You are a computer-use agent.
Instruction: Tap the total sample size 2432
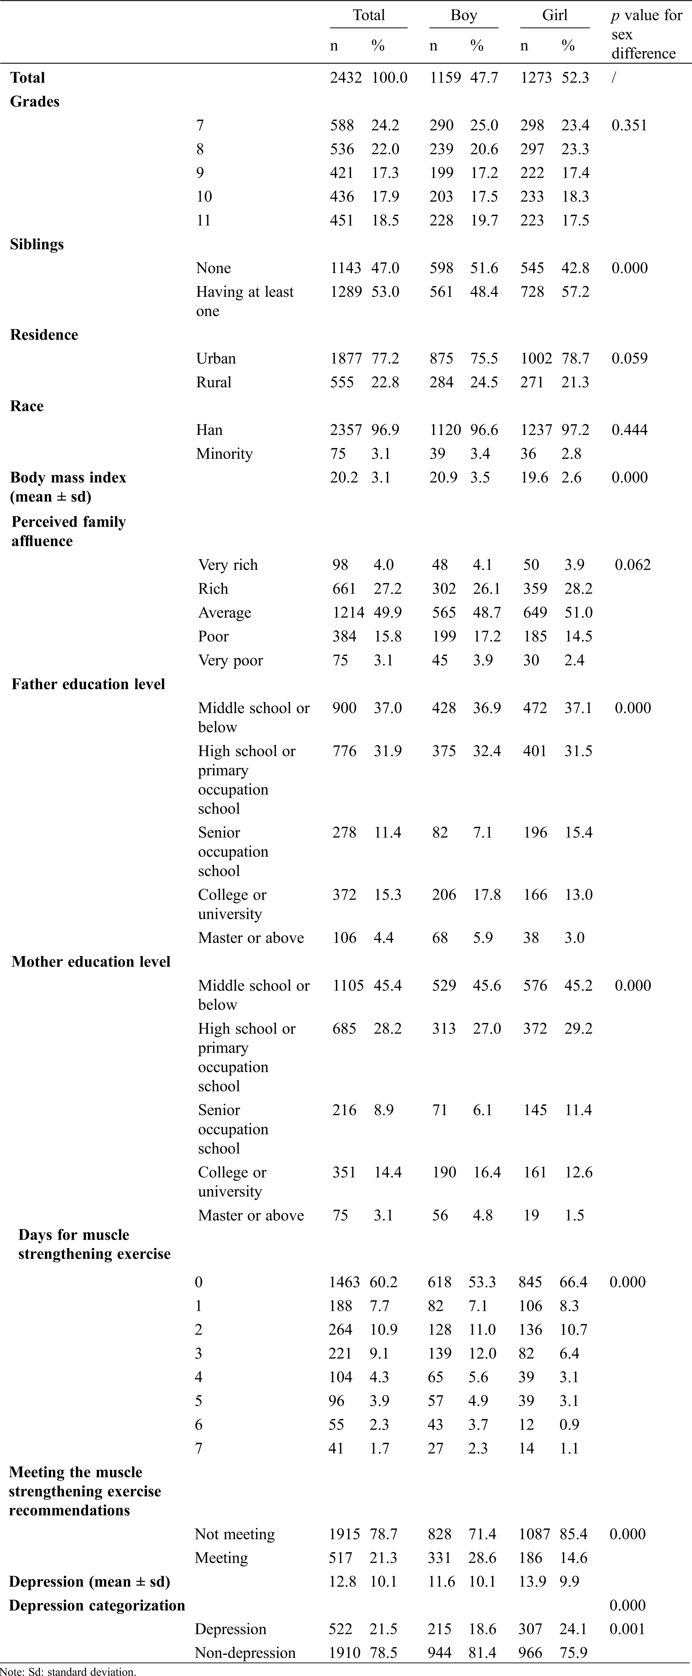pyautogui.click(x=345, y=78)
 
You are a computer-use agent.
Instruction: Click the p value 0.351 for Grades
pyautogui.click(x=629, y=126)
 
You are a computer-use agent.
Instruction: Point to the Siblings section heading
pyautogui.click(x=37, y=245)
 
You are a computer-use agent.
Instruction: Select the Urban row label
pyautogui.click(x=216, y=358)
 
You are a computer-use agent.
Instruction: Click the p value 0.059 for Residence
pyautogui.click(x=629, y=358)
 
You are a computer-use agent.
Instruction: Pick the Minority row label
pyautogui.click(x=224, y=453)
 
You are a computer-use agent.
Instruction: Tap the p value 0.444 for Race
pyautogui.click(x=629, y=430)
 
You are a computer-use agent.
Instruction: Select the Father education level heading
pyautogui.click(x=88, y=684)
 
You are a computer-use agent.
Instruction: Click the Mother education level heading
pyautogui.click(x=91, y=962)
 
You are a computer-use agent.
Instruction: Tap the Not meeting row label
pyautogui.click(x=235, y=1534)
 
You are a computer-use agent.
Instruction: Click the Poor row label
pyautogui.click(x=213, y=637)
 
